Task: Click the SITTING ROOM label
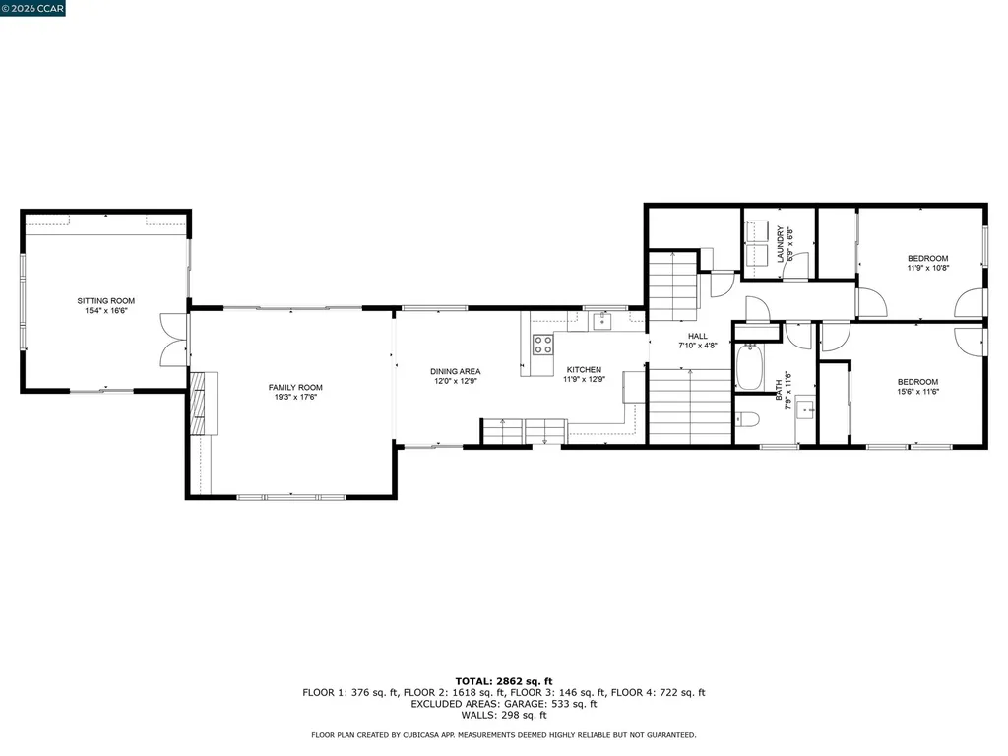point(106,301)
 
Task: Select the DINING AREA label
point(455,371)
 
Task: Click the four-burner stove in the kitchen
point(542,344)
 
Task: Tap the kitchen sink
point(601,321)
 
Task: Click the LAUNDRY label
point(780,243)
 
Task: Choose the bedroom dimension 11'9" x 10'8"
point(927,268)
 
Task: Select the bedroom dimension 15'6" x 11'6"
point(916,392)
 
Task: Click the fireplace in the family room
point(203,403)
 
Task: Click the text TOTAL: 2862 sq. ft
point(503,681)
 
